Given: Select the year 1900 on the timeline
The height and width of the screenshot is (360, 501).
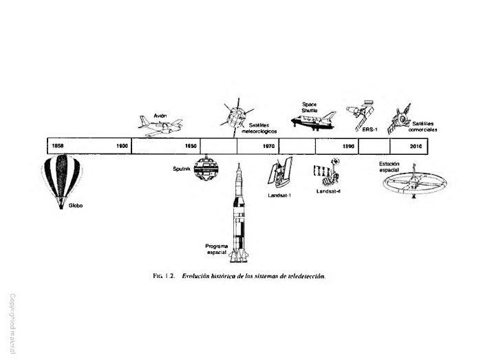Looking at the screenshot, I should [x=122, y=146].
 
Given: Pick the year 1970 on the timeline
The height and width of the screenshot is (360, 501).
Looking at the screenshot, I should [x=269, y=146].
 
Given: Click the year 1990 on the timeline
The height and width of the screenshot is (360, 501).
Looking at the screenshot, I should [x=348, y=146].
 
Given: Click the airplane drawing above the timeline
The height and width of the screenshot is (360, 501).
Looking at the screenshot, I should [x=161, y=126].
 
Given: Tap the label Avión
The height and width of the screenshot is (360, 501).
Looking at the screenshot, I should [x=160, y=114].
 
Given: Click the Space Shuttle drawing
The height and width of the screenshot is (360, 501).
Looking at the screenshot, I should [x=314, y=121].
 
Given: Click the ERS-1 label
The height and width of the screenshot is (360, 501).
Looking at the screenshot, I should [x=370, y=129].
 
